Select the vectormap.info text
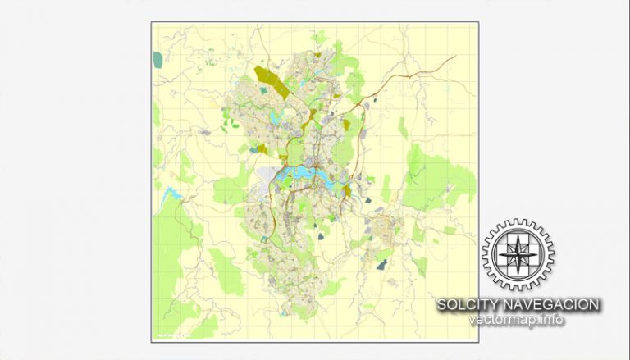click(x=517, y=319)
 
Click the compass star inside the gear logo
click(x=517, y=254)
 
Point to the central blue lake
click(x=299, y=174)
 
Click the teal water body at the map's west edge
click(x=157, y=59)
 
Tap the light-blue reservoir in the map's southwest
click(x=172, y=195)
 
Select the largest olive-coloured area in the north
click(x=272, y=81)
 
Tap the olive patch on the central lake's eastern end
click(x=347, y=193)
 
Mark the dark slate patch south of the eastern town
click(x=382, y=264)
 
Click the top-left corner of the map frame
click(x=152, y=23)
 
